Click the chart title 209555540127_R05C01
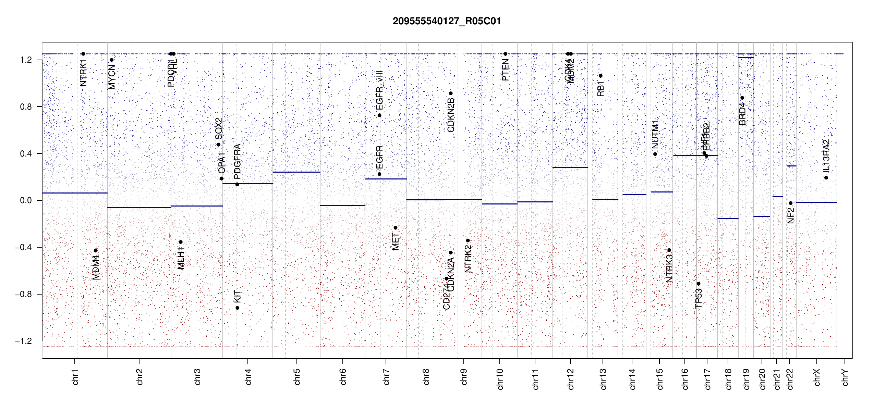tap(447, 21)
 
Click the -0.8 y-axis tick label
tap(24, 294)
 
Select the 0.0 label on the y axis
tap(26, 200)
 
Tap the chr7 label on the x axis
tap(386, 377)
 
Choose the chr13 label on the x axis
tap(603, 379)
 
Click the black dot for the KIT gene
tap(237, 308)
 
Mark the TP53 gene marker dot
tap(699, 284)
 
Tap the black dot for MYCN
tap(111, 60)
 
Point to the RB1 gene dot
tap(600, 76)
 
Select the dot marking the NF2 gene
tap(791, 203)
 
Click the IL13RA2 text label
tap(826, 156)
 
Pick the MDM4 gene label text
tap(96, 267)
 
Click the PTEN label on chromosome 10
tap(505, 70)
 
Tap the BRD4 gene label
tap(742, 114)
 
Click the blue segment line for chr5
tap(296, 172)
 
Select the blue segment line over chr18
tap(728, 219)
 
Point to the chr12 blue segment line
tap(570, 167)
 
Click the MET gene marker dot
tap(395, 228)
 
